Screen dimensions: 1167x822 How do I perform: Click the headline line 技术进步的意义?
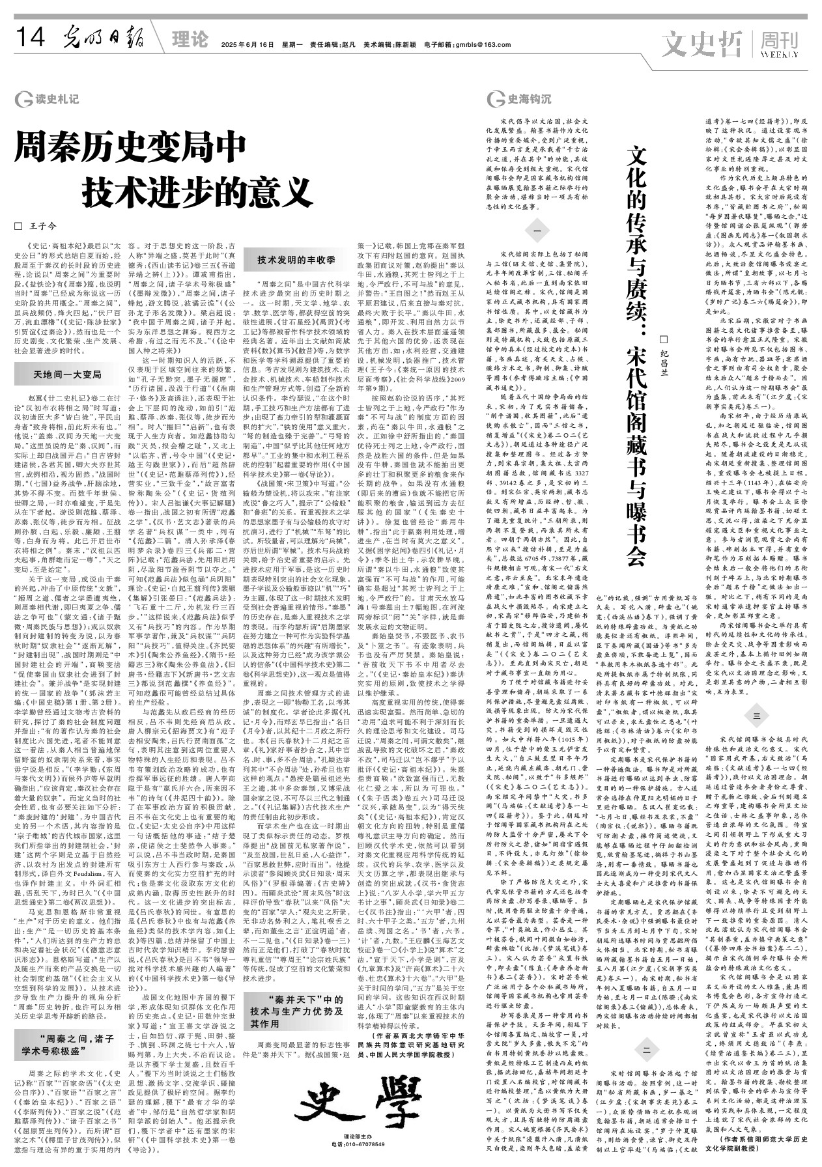point(196,191)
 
